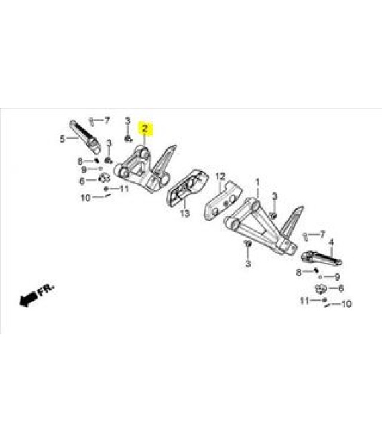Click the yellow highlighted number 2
[145, 129]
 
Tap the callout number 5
[62, 139]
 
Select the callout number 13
[185, 214]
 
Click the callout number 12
[220, 177]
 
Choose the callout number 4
[332, 242]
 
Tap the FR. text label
[45, 289]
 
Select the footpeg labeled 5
[84, 137]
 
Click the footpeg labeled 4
[322, 259]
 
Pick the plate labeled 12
[223, 201]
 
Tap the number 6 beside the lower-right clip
[341, 289]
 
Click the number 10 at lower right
[346, 304]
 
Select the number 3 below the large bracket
[248, 264]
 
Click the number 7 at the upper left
[107, 121]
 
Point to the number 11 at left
[124, 188]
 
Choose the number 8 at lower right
[298, 273]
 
